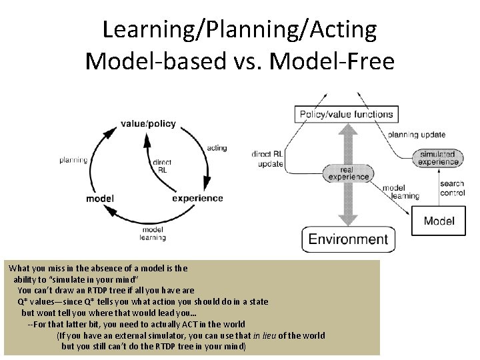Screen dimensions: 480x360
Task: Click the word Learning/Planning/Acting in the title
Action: tap(239, 29)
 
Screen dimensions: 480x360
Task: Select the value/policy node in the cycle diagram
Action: tap(148, 123)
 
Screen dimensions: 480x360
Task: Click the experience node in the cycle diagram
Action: tap(197, 198)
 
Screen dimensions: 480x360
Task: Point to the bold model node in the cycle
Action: tap(100, 198)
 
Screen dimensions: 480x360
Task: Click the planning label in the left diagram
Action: tap(73, 160)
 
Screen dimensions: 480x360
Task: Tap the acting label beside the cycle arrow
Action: tap(217, 148)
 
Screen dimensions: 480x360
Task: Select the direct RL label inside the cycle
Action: tap(162, 166)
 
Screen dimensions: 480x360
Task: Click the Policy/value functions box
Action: tap(346, 114)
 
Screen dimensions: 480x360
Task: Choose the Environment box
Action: tap(348, 239)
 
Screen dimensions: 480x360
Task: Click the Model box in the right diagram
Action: tap(439, 221)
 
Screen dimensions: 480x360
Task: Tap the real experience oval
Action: tap(348, 173)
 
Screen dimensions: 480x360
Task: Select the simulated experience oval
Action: tap(438, 158)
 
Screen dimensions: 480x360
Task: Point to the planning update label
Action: tap(417, 135)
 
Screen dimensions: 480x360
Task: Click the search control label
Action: tap(452, 189)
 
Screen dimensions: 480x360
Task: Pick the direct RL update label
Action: tap(267, 159)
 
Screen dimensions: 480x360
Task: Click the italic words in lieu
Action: tap(269, 335)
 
